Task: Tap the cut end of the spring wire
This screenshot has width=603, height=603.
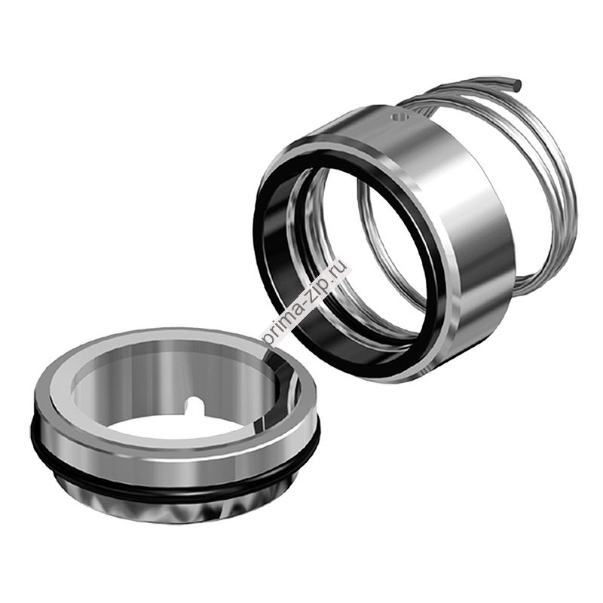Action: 518,82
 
